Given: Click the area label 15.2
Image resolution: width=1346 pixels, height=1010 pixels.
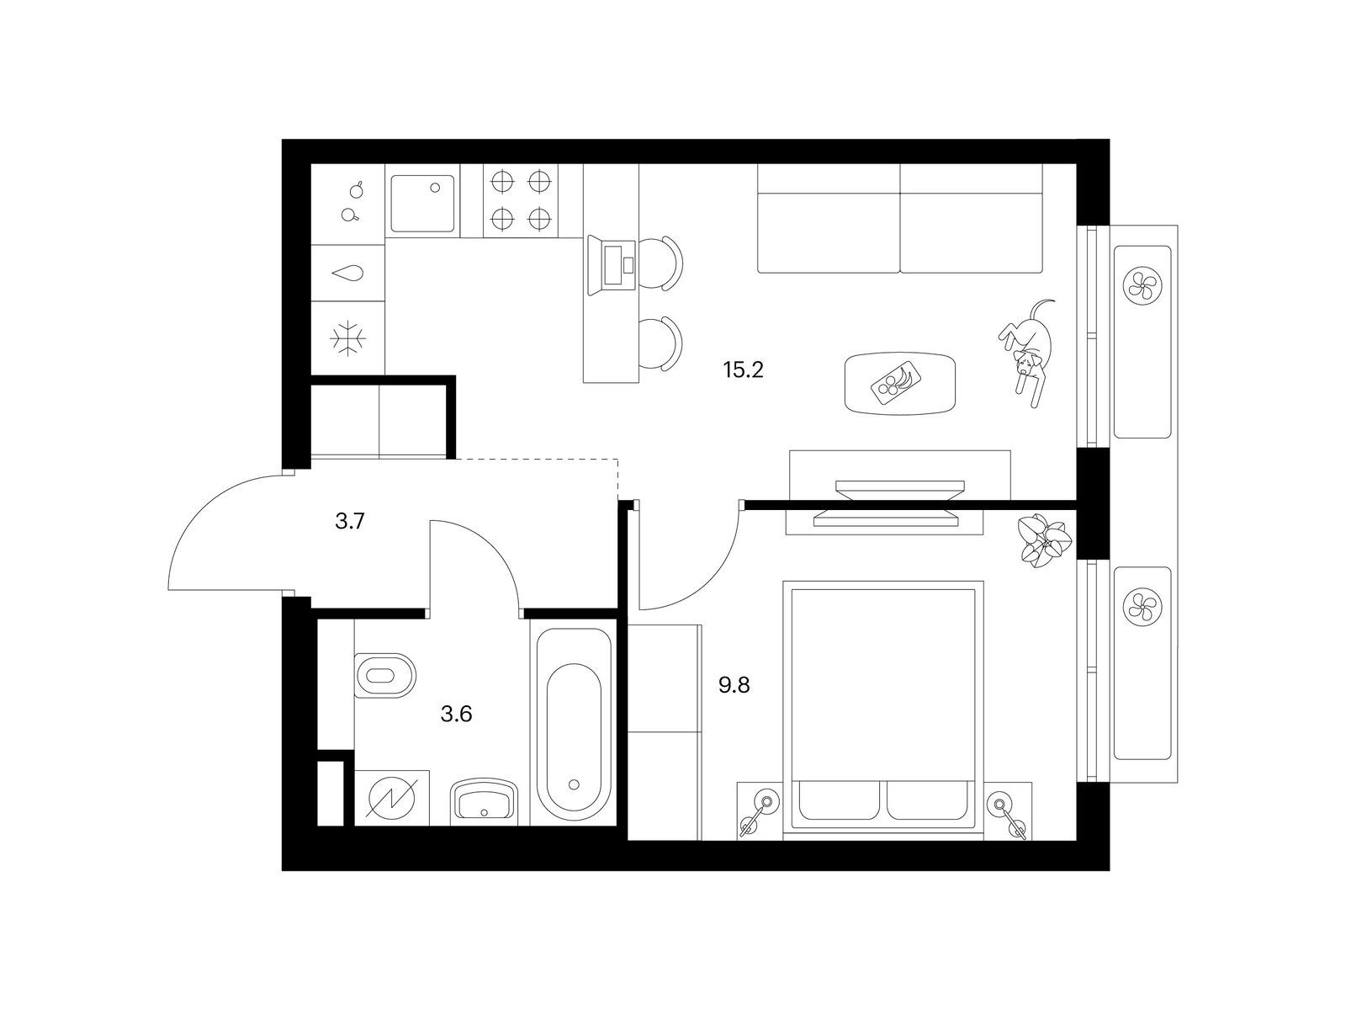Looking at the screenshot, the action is tap(742, 370).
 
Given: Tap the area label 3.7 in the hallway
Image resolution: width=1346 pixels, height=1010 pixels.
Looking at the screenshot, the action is tap(350, 521).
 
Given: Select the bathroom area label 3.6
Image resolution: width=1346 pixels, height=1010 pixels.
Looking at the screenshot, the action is tap(456, 714).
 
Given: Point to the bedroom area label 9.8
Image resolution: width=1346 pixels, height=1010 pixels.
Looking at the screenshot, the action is tap(734, 685).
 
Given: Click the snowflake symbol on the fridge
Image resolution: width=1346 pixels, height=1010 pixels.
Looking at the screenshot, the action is tap(347, 338).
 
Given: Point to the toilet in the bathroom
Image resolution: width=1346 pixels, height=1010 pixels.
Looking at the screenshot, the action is tap(385, 676).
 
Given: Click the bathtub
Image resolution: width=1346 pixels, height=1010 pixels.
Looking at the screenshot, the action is tap(574, 726).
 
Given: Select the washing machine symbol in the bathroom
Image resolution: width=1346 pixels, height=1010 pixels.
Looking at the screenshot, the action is tap(390, 797).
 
